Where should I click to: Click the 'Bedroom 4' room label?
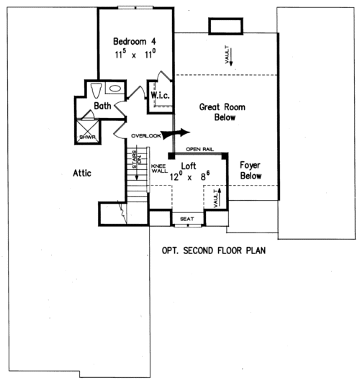(136, 40)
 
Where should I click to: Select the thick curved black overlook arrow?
(176, 133)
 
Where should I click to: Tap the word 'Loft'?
(189, 164)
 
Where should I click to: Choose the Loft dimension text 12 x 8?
(189, 175)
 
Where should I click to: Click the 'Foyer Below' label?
(250, 170)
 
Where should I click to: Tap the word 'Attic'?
(86, 173)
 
